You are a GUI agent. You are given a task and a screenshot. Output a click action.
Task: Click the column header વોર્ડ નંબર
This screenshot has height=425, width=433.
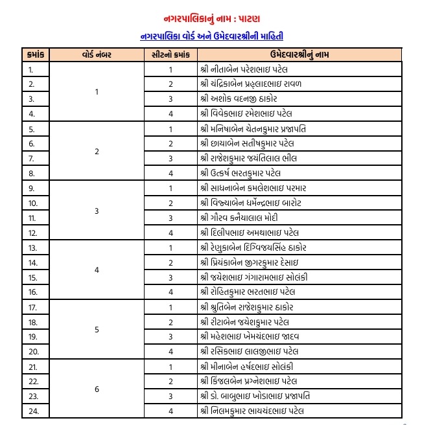pos(97,54)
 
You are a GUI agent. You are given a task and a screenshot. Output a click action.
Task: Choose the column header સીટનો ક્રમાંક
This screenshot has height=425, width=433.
pos(170,54)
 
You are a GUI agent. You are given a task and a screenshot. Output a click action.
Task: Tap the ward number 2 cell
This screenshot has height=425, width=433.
pos(97,151)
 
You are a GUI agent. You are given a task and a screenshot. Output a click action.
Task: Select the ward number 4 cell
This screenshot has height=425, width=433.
pos(97,270)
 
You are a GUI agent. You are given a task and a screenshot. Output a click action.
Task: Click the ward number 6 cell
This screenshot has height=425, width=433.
pos(97,389)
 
